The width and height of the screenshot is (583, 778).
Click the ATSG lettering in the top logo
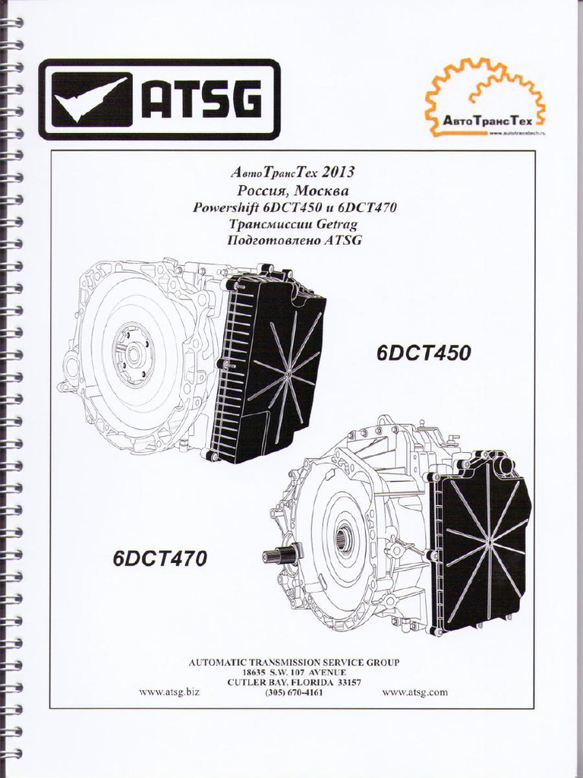pyautogui.click(x=202, y=100)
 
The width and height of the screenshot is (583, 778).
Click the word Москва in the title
pyautogui.click(x=323, y=190)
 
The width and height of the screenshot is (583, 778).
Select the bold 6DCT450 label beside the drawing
pyautogui.click(x=424, y=354)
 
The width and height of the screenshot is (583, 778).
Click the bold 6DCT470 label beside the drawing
pyautogui.click(x=160, y=558)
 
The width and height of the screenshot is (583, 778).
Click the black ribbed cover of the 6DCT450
pyautogui.click(x=273, y=365)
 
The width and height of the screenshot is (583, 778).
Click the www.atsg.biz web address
pyautogui.click(x=169, y=692)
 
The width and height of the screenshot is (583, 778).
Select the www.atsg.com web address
pyautogui.click(x=415, y=692)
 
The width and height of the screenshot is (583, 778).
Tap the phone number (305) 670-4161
pyautogui.click(x=294, y=692)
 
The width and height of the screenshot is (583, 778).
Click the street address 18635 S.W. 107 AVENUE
pyautogui.click(x=294, y=672)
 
